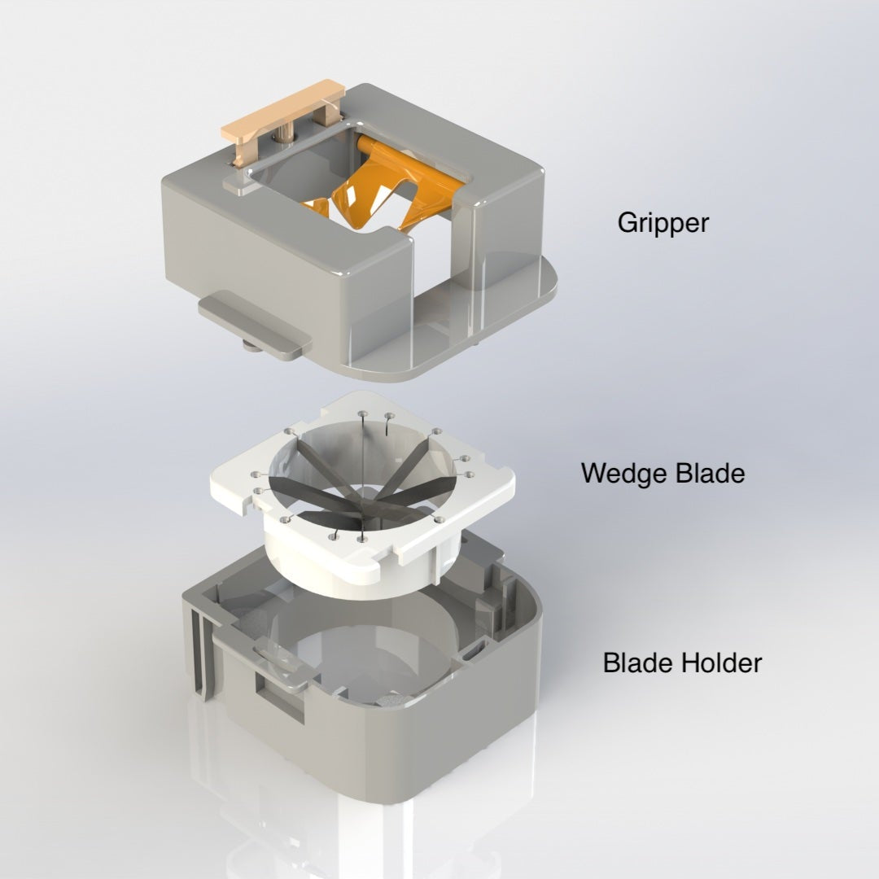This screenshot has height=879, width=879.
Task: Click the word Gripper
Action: pos(663,222)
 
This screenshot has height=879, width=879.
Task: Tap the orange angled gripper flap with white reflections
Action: pos(358,195)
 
